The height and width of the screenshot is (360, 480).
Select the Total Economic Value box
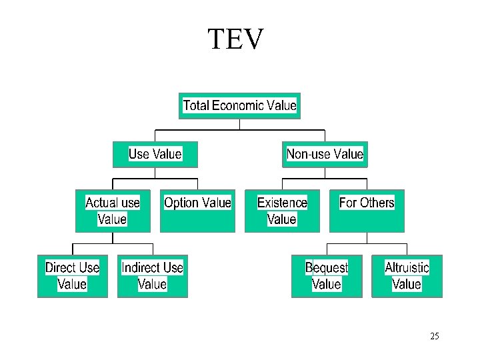click(239, 105)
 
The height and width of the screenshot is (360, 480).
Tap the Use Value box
click(155, 154)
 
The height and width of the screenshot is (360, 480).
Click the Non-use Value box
click(325, 154)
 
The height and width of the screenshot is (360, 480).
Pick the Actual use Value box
click(113, 211)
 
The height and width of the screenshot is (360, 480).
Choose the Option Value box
click(197, 211)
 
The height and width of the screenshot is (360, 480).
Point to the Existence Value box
click(282, 211)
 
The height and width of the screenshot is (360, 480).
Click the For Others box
click(367, 211)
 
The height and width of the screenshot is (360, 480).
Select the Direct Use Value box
click(72, 275)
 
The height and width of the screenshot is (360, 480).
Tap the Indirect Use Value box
click(152, 275)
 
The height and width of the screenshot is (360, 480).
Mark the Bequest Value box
click(327, 275)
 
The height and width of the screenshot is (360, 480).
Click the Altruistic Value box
click(407, 275)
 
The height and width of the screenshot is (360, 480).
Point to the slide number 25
click(435, 336)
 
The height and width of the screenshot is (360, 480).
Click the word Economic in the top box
click(238, 105)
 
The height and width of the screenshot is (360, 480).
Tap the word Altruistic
click(407, 268)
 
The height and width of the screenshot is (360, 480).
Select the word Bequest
click(327, 268)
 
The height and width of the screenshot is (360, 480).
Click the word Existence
click(282, 203)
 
